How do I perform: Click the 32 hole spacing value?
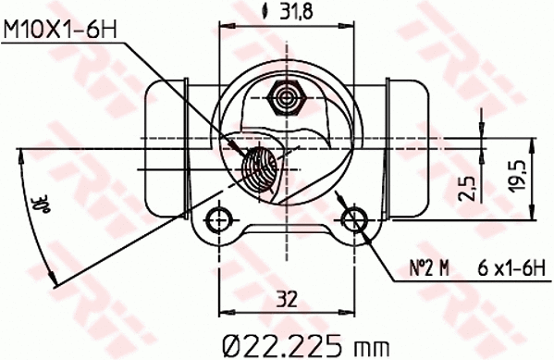coord(287,299)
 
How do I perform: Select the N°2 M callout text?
coord(429,269)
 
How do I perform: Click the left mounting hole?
coord(218,219)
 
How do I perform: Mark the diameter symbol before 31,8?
coord(266,12)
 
